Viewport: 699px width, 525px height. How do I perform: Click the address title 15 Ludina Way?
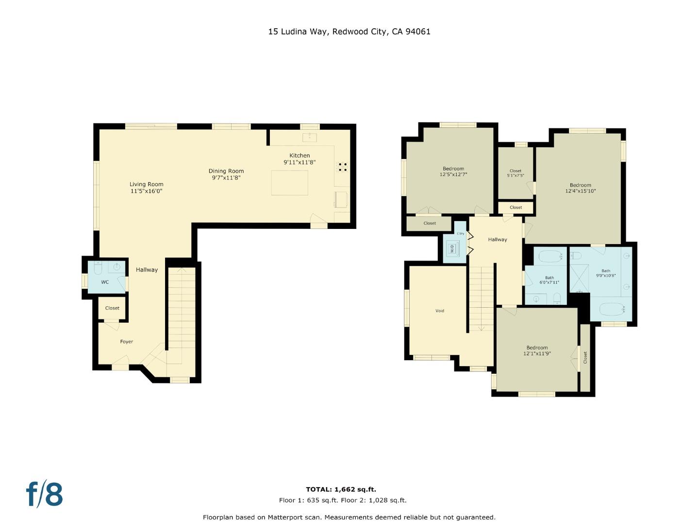tap(349, 32)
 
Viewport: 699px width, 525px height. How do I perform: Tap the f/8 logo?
tap(44, 494)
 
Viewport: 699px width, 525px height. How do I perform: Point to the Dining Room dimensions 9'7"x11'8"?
tap(226, 178)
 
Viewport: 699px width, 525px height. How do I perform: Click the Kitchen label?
tap(300, 156)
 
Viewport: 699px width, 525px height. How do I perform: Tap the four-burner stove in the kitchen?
tap(343, 167)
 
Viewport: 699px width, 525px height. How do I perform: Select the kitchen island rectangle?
tap(289, 183)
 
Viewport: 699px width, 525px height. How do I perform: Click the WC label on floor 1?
tap(105, 282)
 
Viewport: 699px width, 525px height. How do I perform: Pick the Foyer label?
tap(127, 342)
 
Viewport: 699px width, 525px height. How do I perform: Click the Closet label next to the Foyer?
tap(112, 308)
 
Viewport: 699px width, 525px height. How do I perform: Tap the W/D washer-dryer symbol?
tap(452, 249)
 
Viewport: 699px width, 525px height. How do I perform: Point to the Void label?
tap(440, 311)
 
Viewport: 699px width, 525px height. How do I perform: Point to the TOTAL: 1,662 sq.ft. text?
tap(341, 490)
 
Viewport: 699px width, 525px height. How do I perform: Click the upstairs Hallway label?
tap(498, 240)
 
